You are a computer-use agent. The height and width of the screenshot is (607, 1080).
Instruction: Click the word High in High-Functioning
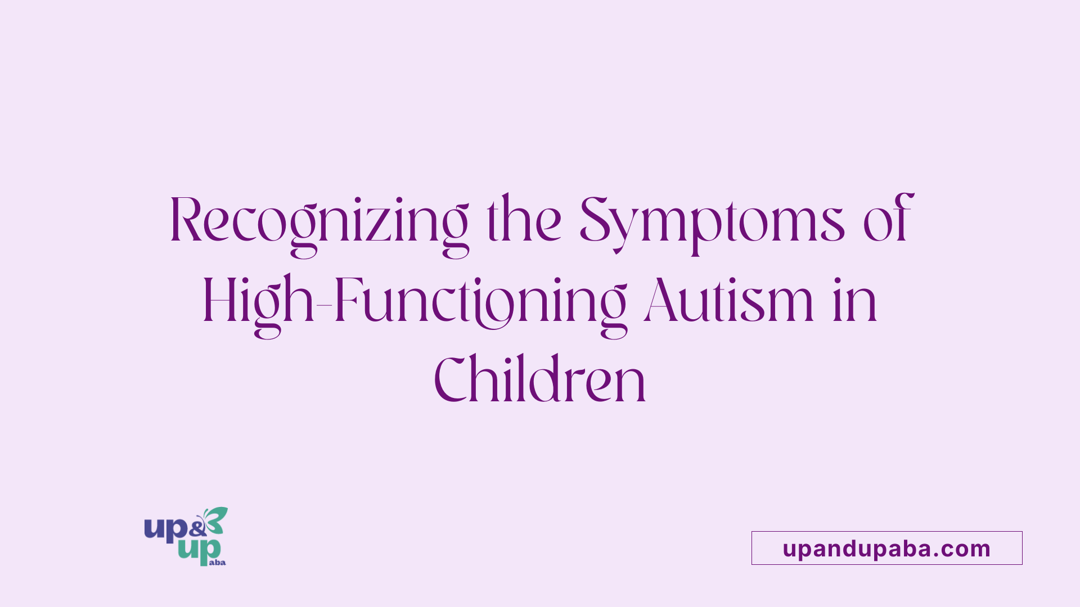tap(258, 302)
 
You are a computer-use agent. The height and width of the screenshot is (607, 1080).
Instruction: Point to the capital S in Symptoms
tap(595, 221)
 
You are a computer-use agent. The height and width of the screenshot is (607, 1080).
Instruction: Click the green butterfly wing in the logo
tap(218, 518)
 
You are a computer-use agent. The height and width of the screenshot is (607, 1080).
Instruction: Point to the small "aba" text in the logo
tap(217, 562)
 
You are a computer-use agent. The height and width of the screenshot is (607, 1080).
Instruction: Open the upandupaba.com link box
tap(886, 548)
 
